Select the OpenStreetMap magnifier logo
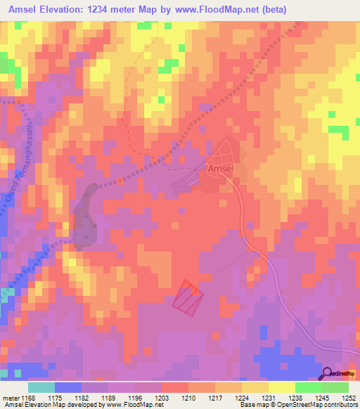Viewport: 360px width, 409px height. coord(328,374)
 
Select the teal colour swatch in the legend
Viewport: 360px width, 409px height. coord(41,387)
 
